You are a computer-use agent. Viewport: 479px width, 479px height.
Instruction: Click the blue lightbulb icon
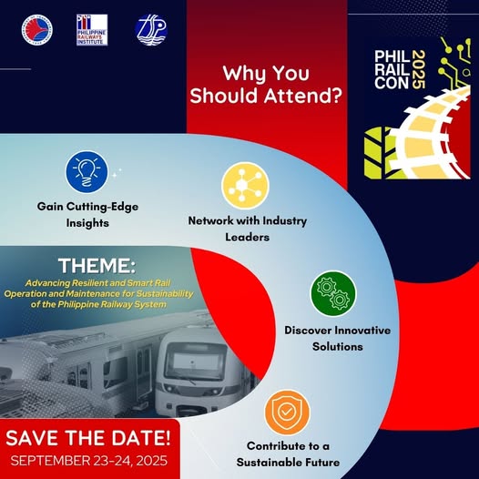point(87,172)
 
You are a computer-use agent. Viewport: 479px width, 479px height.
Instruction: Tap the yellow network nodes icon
point(245,186)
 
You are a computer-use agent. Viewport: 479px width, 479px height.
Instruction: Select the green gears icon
point(333,293)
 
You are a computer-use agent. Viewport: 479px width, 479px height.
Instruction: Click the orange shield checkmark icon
point(288,413)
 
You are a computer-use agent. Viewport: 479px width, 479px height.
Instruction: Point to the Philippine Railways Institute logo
point(92,30)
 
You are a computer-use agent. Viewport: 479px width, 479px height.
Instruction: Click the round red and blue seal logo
point(37,30)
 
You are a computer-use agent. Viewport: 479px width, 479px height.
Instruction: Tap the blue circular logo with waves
point(151,30)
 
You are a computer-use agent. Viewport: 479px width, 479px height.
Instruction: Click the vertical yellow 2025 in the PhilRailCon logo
point(418,70)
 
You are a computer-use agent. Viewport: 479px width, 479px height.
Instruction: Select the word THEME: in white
point(97,266)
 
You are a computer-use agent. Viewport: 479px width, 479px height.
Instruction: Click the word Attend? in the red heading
point(302,96)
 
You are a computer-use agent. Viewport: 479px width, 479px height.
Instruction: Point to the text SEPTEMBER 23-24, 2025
point(89,461)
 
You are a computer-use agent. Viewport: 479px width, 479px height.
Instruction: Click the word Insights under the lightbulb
point(87,223)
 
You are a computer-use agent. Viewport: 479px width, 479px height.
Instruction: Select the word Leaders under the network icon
point(248,237)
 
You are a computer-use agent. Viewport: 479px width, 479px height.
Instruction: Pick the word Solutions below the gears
point(338,347)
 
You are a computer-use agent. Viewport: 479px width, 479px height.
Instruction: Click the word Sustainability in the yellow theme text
point(165,294)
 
